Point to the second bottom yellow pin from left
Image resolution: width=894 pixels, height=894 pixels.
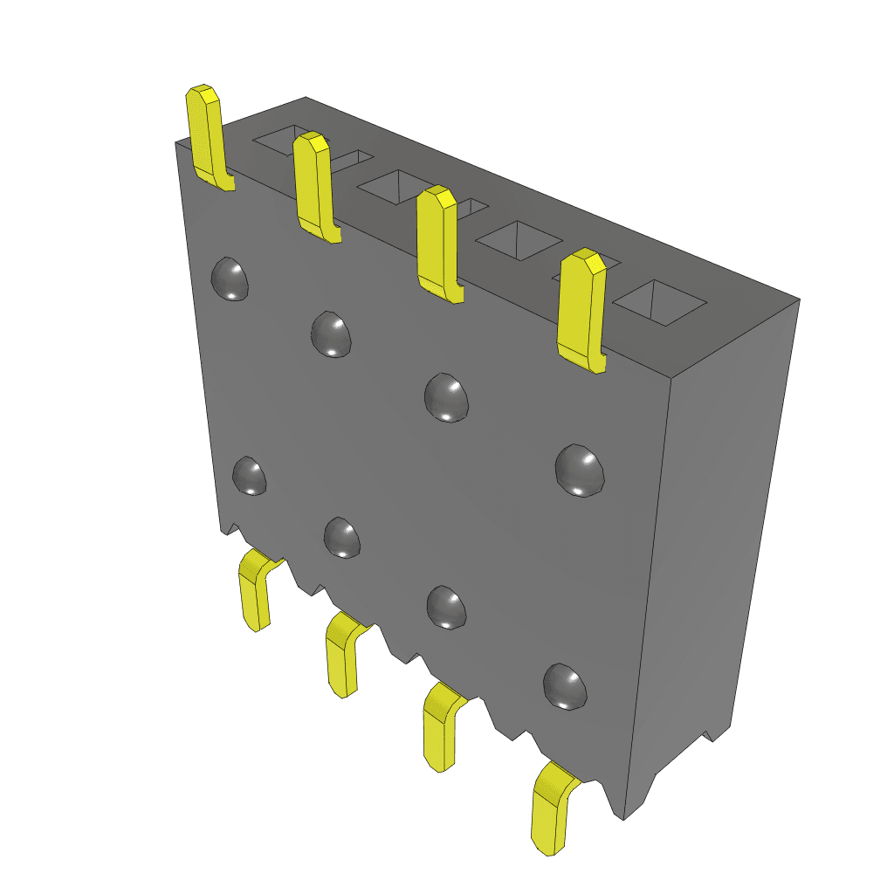(x=343, y=655)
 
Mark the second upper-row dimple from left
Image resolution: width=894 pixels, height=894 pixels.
(x=333, y=334)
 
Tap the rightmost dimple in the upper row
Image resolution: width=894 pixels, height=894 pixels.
(x=580, y=471)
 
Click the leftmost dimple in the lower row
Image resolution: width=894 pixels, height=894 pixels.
(x=250, y=476)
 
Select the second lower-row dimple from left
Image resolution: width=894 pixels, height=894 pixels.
(x=342, y=537)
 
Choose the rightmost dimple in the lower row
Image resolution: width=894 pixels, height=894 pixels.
(x=565, y=686)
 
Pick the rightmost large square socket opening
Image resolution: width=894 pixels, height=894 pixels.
(x=660, y=302)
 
